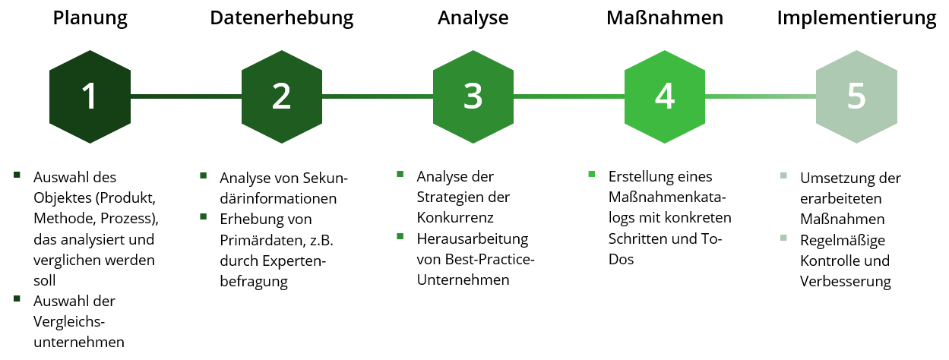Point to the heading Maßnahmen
665,17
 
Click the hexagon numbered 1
90,96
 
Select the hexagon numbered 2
282,96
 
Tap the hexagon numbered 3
473,96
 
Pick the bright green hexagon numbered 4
665,96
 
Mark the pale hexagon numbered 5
856,96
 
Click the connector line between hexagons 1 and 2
186,96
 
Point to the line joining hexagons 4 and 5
761,96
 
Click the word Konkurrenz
455,218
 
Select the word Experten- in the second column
294,261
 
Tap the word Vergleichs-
69,322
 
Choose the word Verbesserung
845,282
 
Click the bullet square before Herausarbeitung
400,236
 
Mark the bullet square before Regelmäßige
783,238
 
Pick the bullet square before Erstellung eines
592,174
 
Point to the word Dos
621,259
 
